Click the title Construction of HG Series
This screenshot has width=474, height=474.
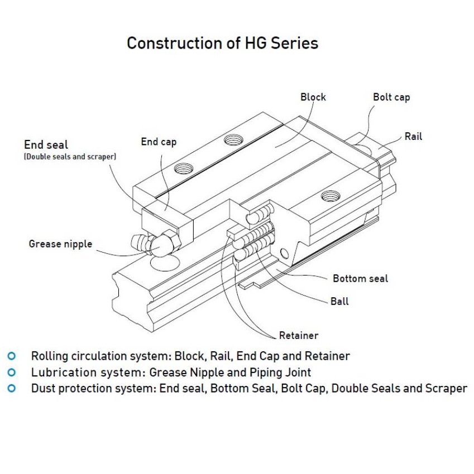(222, 43)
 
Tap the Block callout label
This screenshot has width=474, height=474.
(313, 97)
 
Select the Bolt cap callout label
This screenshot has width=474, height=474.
(391, 97)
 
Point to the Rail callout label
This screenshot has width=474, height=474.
(413, 136)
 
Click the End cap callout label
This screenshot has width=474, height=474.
(159, 142)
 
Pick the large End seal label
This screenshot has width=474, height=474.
(46, 145)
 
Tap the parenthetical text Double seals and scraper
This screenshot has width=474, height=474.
(70, 157)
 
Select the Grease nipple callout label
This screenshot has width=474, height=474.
(60, 244)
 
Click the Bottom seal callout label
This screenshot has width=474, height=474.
(360, 278)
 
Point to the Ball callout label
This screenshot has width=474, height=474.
(339, 301)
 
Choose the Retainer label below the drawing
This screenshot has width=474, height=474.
(299, 335)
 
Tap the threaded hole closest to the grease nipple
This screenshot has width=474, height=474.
(183, 167)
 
